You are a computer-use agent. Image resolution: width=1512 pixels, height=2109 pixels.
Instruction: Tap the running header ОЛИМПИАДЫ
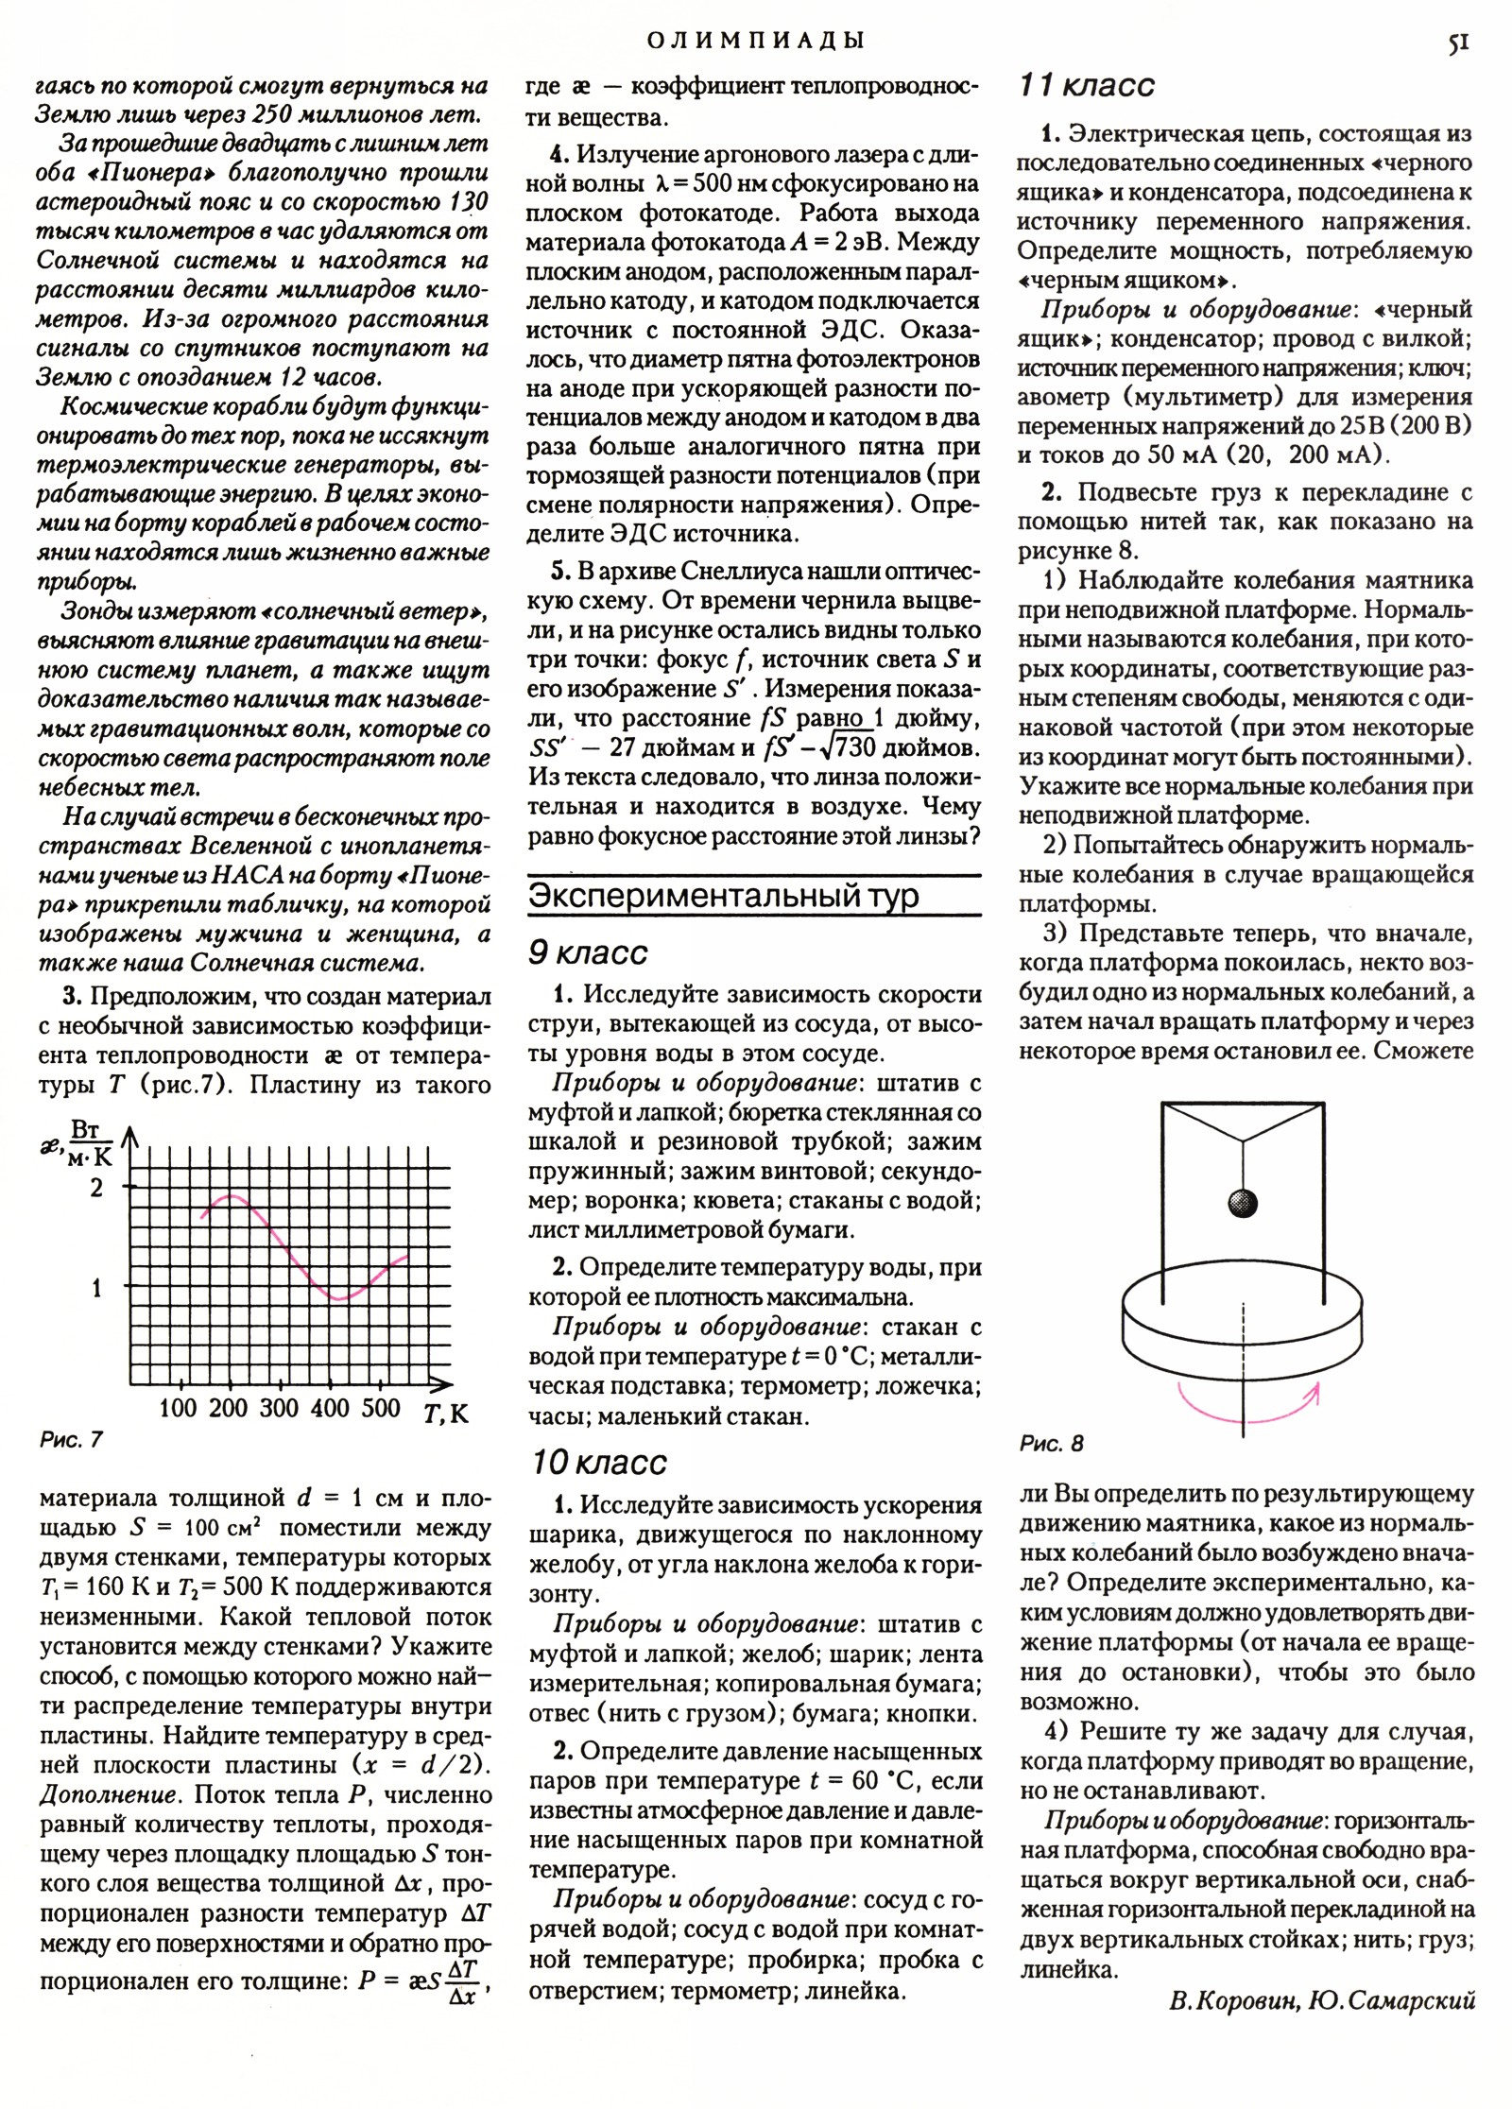click(756, 41)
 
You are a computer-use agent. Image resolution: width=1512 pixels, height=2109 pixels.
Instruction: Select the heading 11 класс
click(1087, 86)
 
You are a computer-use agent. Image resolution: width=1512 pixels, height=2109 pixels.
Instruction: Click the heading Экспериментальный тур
click(723, 896)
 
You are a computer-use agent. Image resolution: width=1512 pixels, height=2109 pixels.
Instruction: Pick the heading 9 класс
click(588, 953)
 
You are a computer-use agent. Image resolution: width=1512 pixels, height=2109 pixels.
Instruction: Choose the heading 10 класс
click(598, 1463)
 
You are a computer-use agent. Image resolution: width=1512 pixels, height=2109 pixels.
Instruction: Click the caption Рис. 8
click(1052, 1444)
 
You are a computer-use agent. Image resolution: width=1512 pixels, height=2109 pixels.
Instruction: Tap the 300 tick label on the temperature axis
click(279, 1409)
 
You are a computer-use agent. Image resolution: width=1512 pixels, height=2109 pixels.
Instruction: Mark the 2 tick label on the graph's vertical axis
click(96, 1188)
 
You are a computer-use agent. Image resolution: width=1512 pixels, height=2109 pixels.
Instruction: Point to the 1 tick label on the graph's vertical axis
click(96, 1288)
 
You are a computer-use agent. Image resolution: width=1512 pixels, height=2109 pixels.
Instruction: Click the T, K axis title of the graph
click(446, 1414)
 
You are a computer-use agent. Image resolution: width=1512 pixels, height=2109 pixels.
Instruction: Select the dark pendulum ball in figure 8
click(1243, 1204)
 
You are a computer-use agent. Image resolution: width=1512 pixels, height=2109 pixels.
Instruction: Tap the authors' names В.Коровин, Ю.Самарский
click(1321, 2051)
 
